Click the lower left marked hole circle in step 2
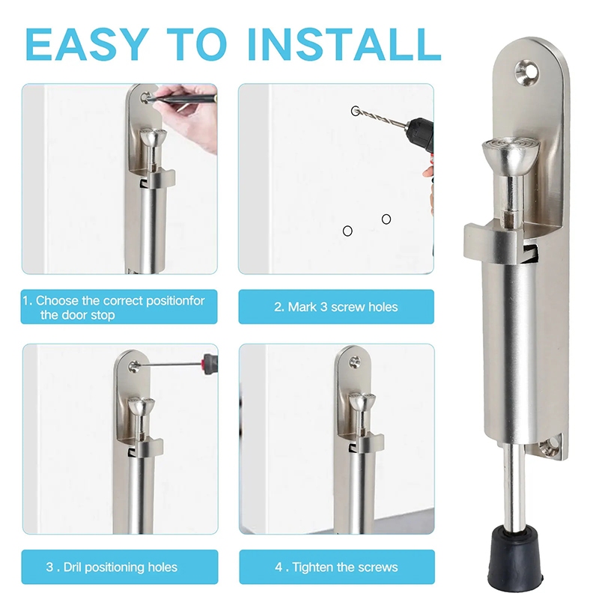347,231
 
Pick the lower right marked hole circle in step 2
386,219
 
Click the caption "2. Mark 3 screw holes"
335,307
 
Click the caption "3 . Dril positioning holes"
112,567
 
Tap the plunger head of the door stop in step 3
141,409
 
